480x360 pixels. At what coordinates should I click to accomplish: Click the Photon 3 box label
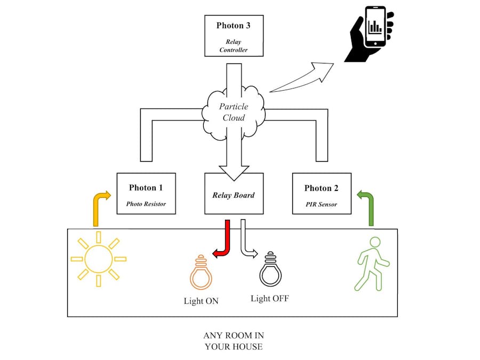point(234,26)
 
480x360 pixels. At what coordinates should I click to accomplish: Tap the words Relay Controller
point(234,46)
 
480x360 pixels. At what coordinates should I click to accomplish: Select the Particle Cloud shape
point(233,113)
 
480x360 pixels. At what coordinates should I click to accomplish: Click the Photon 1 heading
point(146,188)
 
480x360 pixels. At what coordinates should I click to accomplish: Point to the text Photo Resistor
point(146,204)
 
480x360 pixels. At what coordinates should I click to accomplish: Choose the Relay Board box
point(234,195)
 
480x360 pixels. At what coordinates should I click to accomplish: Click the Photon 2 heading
point(322,188)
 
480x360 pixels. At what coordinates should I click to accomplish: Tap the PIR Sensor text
point(322,204)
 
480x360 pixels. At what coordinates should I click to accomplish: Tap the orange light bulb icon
point(201,272)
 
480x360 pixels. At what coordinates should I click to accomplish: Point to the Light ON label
point(201,301)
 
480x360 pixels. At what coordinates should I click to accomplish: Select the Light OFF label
point(270,299)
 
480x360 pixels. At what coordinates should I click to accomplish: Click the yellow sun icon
point(98,259)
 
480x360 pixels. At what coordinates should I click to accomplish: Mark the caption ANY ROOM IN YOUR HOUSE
point(234,341)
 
